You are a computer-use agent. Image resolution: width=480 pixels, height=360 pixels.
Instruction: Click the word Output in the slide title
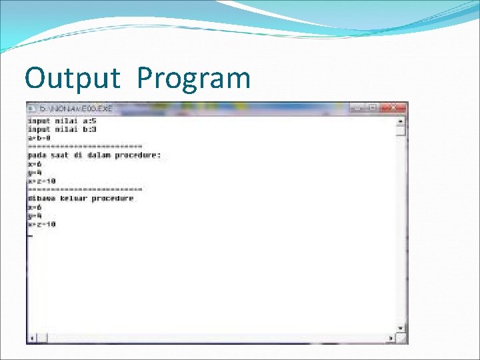[72, 79]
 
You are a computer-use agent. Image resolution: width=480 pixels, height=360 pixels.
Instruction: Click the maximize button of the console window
[373, 107]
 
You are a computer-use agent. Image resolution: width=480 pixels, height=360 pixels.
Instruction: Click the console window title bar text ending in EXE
[76, 108]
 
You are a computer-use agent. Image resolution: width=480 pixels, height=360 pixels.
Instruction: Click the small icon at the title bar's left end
[31, 108]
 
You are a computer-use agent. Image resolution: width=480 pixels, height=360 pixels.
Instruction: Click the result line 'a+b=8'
[40, 138]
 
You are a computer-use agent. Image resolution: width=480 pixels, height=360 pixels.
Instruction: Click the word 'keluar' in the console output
[74, 198]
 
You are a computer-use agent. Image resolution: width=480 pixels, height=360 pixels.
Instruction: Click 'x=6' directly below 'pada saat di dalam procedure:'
[35, 164]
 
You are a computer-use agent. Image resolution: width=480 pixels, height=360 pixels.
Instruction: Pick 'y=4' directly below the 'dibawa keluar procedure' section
[35, 215]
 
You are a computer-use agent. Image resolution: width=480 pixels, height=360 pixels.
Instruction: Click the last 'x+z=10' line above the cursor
[41, 224]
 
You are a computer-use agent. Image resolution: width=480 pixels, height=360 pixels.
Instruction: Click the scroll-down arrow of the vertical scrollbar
[401, 328]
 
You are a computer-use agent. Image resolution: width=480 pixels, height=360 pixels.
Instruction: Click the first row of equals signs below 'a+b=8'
[85, 147]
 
